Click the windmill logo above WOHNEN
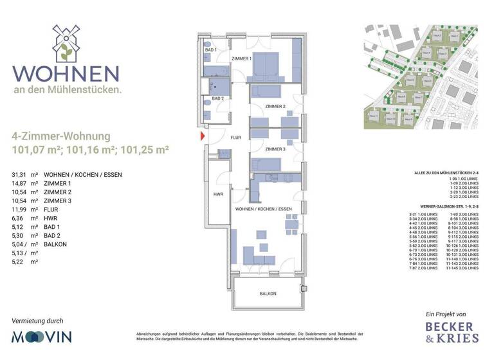[x=65, y=43]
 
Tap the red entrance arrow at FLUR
[x=203, y=136]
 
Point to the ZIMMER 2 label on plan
[x=275, y=106]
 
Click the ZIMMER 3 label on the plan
[x=275, y=149]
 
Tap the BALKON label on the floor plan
[x=268, y=294]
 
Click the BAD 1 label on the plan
[x=211, y=50]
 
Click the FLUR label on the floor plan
[x=235, y=137]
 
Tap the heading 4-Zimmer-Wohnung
[x=60, y=136]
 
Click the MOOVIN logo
[x=42, y=336]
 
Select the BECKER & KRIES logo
[x=452, y=332]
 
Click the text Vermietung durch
[x=38, y=319]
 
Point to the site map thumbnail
[x=421, y=76]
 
